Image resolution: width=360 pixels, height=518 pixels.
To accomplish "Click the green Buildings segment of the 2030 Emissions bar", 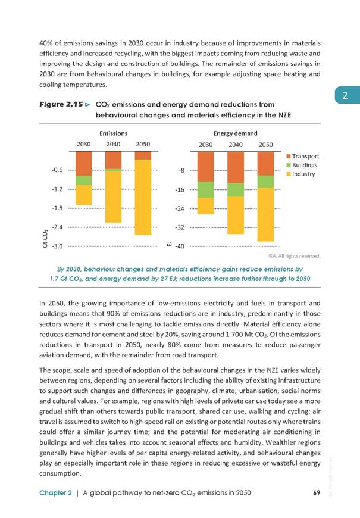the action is pyautogui.click(x=83, y=180).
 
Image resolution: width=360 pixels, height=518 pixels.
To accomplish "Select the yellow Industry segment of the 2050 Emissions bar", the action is pyautogui.click(x=143, y=197).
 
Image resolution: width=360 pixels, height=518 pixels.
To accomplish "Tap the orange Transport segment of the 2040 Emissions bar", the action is pyautogui.click(x=113, y=160).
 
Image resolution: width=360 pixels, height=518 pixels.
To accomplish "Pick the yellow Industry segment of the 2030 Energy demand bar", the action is pyautogui.click(x=205, y=206).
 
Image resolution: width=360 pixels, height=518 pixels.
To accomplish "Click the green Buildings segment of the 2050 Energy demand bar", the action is pyautogui.click(x=265, y=182).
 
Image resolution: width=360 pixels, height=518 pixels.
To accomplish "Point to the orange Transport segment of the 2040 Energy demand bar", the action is pyautogui.click(x=236, y=167).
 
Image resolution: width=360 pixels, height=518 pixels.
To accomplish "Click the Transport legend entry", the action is pyautogui.click(x=302, y=156).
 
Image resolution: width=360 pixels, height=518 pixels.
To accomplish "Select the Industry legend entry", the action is pyautogui.click(x=300, y=174).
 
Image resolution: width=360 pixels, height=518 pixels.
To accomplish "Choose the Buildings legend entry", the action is pyautogui.click(x=302, y=165).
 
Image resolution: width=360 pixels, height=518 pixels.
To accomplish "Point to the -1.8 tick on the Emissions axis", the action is pyautogui.click(x=57, y=208).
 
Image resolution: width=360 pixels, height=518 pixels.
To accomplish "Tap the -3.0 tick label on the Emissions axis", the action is pyautogui.click(x=57, y=246).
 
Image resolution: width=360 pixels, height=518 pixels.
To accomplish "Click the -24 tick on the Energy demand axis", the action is pyautogui.click(x=180, y=208).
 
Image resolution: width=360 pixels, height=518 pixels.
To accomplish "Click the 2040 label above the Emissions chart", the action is pyautogui.click(x=113, y=144).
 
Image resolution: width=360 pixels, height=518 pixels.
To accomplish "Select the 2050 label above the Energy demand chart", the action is pyautogui.click(x=265, y=145).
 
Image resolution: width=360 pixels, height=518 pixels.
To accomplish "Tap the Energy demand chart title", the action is pyautogui.click(x=235, y=133).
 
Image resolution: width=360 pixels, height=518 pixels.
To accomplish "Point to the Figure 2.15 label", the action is pyautogui.click(x=61, y=104).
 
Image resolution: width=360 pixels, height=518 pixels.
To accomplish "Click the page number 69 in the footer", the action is pyautogui.click(x=317, y=492).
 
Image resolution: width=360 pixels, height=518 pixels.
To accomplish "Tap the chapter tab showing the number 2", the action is pyautogui.click(x=347, y=95).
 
